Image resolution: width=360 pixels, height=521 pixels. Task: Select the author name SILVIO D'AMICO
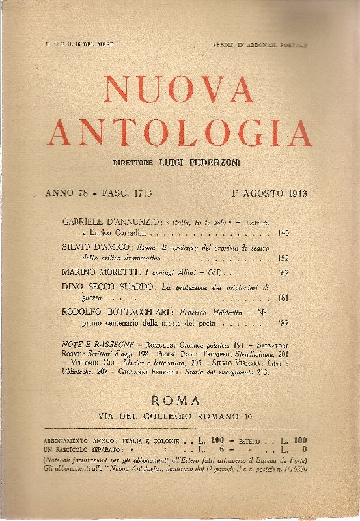coord(98,247)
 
